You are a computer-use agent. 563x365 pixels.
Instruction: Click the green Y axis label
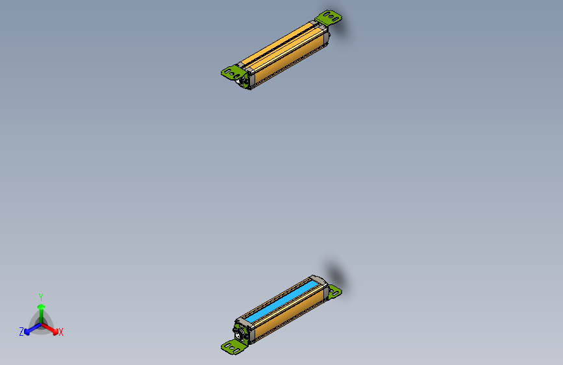[x=40, y=297]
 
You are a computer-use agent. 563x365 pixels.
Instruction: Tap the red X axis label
[x=60, y=332]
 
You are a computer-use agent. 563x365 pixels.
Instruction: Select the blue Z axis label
[x=21, y=332]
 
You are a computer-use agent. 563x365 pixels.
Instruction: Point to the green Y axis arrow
[x=41, y=309]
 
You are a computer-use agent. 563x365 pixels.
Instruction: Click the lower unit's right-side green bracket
[x=334, y=292]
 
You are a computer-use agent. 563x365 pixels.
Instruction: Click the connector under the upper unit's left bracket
[x=243, y=81]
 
